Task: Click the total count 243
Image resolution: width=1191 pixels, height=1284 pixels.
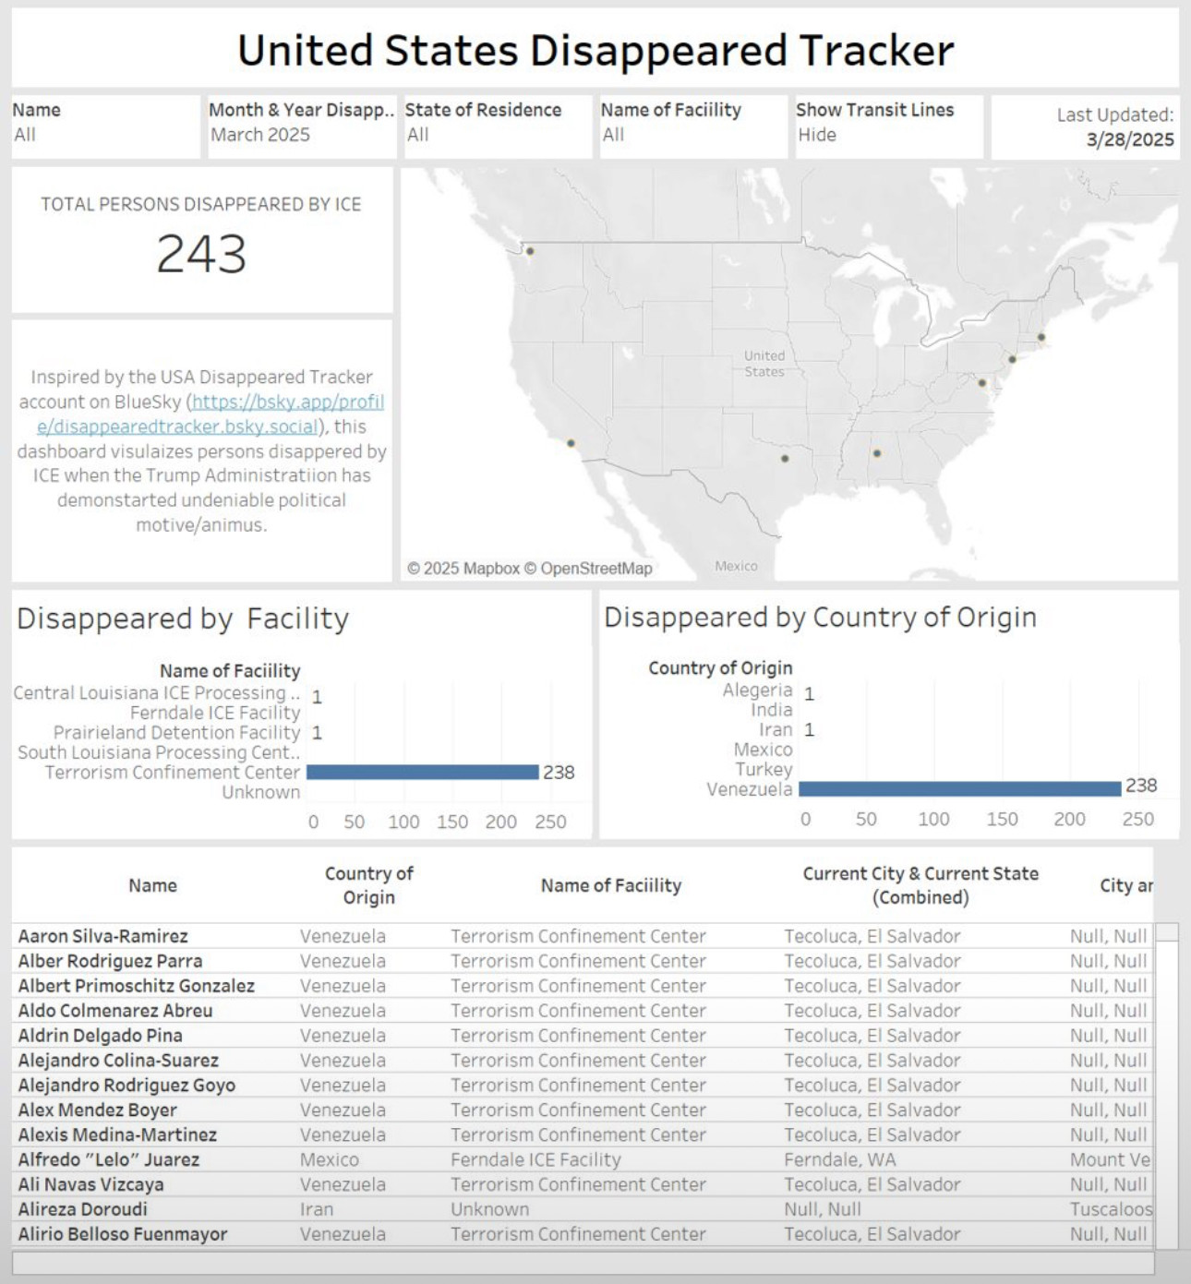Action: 201,254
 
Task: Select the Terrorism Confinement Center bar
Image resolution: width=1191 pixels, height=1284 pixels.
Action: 422,772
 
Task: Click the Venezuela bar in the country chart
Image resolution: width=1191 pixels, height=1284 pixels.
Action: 959,788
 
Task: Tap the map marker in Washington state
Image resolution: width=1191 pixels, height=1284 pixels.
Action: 530,251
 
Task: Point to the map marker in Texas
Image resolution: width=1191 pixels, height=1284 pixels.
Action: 785,458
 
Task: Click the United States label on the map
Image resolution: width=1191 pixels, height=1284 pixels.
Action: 764,364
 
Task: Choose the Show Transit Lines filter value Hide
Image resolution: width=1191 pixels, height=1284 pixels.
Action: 817,135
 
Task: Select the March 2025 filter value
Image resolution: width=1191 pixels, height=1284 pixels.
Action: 260,135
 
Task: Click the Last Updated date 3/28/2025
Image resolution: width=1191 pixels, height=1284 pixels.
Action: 1129,139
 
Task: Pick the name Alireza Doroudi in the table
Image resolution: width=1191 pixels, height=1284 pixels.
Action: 83,1209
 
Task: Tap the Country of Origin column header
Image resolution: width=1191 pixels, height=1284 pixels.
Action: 368,885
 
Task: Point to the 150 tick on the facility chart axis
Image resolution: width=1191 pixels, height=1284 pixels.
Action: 451,822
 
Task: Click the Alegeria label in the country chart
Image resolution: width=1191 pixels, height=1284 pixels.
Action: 757,690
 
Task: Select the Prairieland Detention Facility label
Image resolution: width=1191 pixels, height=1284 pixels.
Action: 176,732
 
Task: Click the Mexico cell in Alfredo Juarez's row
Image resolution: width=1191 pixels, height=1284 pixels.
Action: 330,1159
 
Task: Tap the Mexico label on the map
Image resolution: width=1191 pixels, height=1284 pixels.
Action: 736,566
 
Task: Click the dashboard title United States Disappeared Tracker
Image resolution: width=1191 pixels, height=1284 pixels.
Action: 595,50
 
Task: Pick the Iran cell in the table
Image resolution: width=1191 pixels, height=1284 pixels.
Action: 316,1209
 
